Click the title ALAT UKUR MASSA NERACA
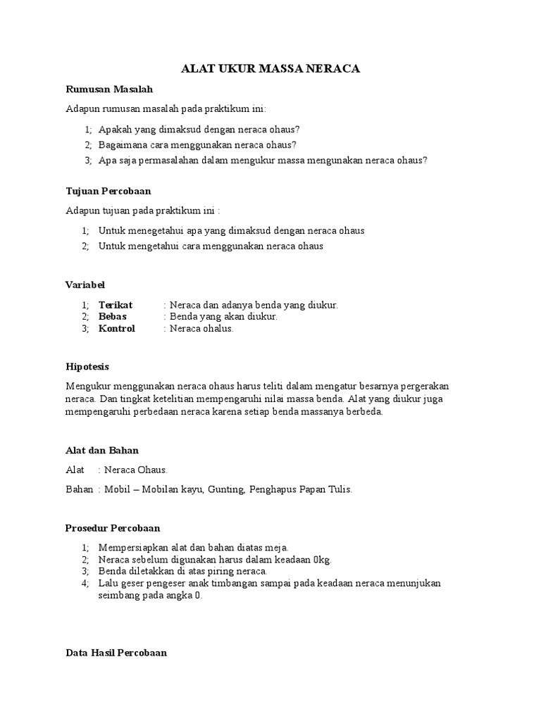[270, 69]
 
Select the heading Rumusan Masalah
[108, 89]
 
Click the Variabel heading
[85, 284]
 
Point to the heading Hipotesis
[87, 367]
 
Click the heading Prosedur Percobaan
[113, 527]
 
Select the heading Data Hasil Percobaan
[116, 653]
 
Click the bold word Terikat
[116, 305]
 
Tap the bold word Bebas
[113, 316]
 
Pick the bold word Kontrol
[117, 328]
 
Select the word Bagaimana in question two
[123, 145]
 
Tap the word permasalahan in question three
[175, 160]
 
